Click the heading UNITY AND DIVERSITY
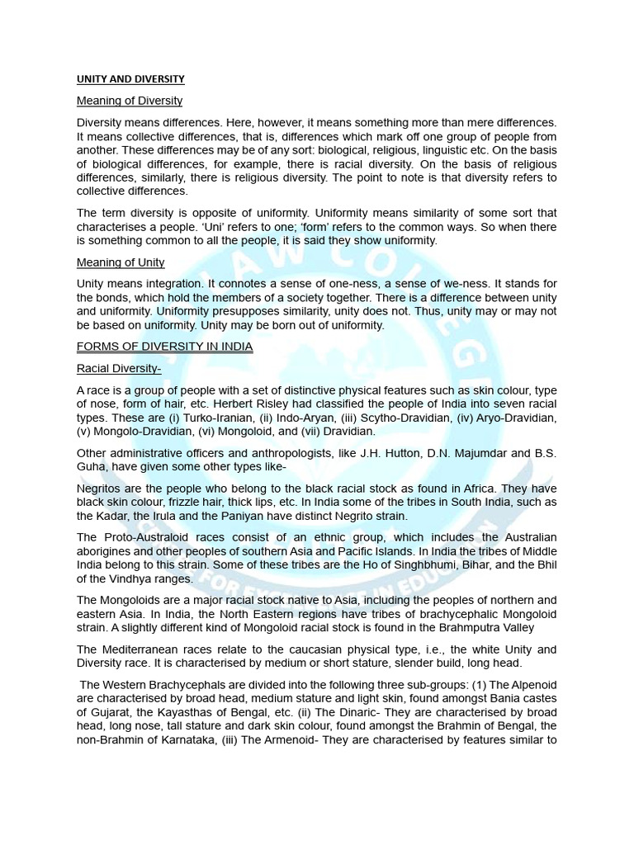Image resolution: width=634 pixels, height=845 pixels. point(130,79)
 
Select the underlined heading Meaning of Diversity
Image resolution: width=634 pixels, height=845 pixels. point(130,101)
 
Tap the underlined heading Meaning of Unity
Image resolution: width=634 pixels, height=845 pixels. point(121,262)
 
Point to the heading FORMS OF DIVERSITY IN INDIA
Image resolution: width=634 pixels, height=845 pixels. point(164,347)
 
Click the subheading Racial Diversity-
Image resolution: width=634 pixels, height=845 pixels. point(119,369)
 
